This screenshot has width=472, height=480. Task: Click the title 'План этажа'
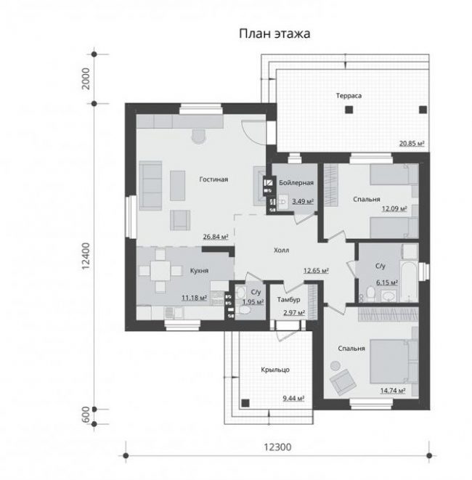point(274,33)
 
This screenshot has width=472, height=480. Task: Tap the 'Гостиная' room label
point(213,179)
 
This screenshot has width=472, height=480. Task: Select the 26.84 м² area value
point(216,237)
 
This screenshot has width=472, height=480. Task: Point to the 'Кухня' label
point(199,271)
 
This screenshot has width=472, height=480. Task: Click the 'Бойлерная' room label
point(296,183)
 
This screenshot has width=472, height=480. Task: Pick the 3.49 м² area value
point(303,201)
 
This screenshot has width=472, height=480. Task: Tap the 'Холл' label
point(281,251)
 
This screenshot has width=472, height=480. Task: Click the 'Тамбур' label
point(289,300)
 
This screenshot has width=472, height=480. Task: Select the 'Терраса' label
point(349,96)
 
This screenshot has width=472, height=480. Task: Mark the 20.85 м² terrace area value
point(412,143)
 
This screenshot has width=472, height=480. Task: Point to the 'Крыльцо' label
point(275,370)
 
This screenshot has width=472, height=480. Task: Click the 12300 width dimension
point(277,447)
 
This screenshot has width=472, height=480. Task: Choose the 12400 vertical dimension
point(86,256)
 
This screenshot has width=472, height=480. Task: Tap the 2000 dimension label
point(86,78)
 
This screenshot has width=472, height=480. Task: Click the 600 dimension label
point(86,415)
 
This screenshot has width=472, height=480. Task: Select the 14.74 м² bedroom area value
point(393,391)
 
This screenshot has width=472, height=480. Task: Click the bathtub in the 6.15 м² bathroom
point(410,281)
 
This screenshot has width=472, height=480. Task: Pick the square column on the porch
point(245,403)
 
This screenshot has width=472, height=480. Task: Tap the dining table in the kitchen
point(160,271)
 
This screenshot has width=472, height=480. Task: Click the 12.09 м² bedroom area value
point(394,209)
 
